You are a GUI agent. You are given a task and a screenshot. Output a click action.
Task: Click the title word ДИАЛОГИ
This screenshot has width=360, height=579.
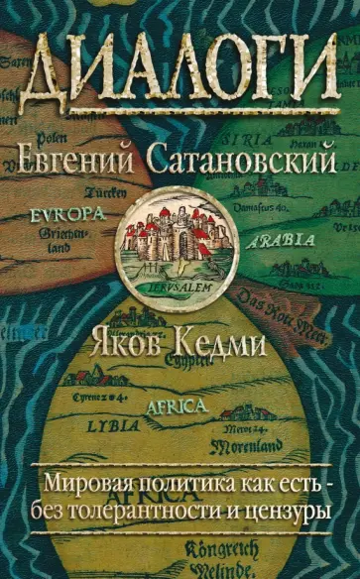[180, 73]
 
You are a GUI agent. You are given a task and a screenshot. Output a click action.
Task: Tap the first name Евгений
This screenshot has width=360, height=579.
[80, 157]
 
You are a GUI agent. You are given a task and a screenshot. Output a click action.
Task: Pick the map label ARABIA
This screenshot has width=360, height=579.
[274, 238]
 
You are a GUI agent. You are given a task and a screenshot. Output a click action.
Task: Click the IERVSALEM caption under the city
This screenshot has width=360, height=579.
[180, 280]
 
